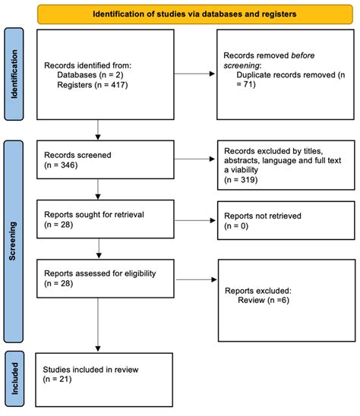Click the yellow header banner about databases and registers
click(x=194, y=13)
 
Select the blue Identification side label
click(x=13, y=74)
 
